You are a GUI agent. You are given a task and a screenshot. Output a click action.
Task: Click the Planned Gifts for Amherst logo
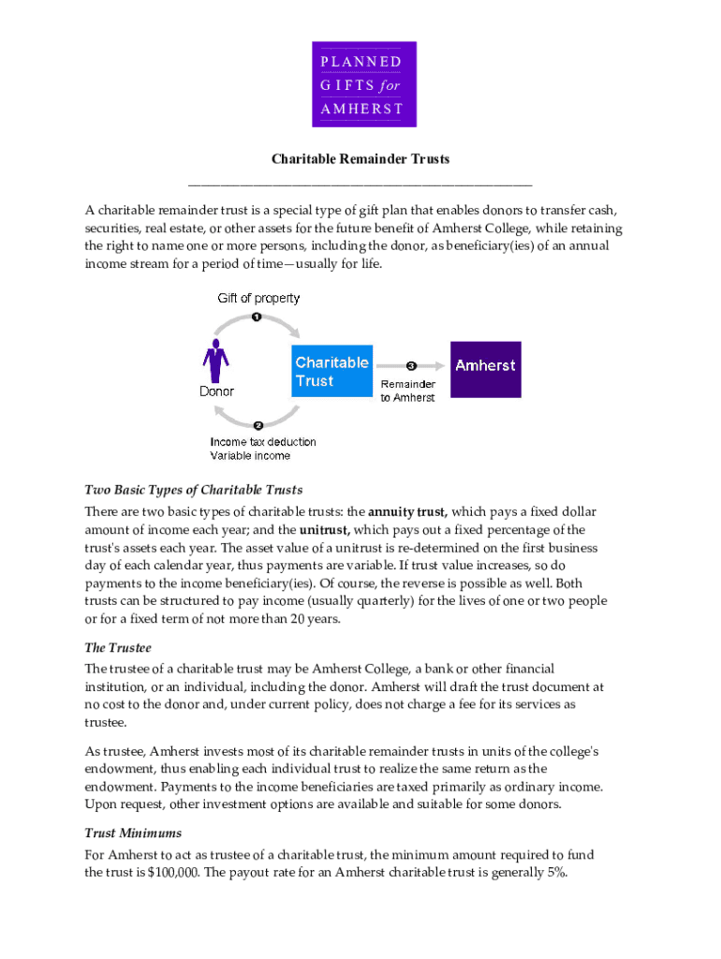click(x=364, y=84)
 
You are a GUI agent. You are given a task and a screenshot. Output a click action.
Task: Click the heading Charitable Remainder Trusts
click(x=360, y=159)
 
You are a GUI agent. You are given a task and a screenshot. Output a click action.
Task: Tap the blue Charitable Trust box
click(x=332, y=372)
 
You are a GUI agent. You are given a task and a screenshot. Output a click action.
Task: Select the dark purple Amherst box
click(x=486, y=367)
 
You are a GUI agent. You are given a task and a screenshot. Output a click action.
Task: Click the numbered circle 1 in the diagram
click(x=256, y=317)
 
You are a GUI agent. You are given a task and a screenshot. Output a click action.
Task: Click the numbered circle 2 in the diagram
click(x=258, y=426)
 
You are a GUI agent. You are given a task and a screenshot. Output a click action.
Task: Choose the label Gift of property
click(x=259, y=298)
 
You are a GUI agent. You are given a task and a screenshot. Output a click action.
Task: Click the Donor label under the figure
click(x=216, y=391)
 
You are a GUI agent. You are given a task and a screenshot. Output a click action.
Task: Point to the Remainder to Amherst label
click(x=407, y=391)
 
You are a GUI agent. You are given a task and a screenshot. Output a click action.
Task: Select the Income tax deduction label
click(x=263, y=442)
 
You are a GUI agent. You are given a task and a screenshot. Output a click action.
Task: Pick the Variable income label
click(x=250, y=456)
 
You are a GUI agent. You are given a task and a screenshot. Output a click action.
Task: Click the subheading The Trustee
click(x=118, y=648)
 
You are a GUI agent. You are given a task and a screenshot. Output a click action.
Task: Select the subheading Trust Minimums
click(x=133, y=833)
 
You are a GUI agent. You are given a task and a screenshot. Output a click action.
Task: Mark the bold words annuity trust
click(x=408, y=512)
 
